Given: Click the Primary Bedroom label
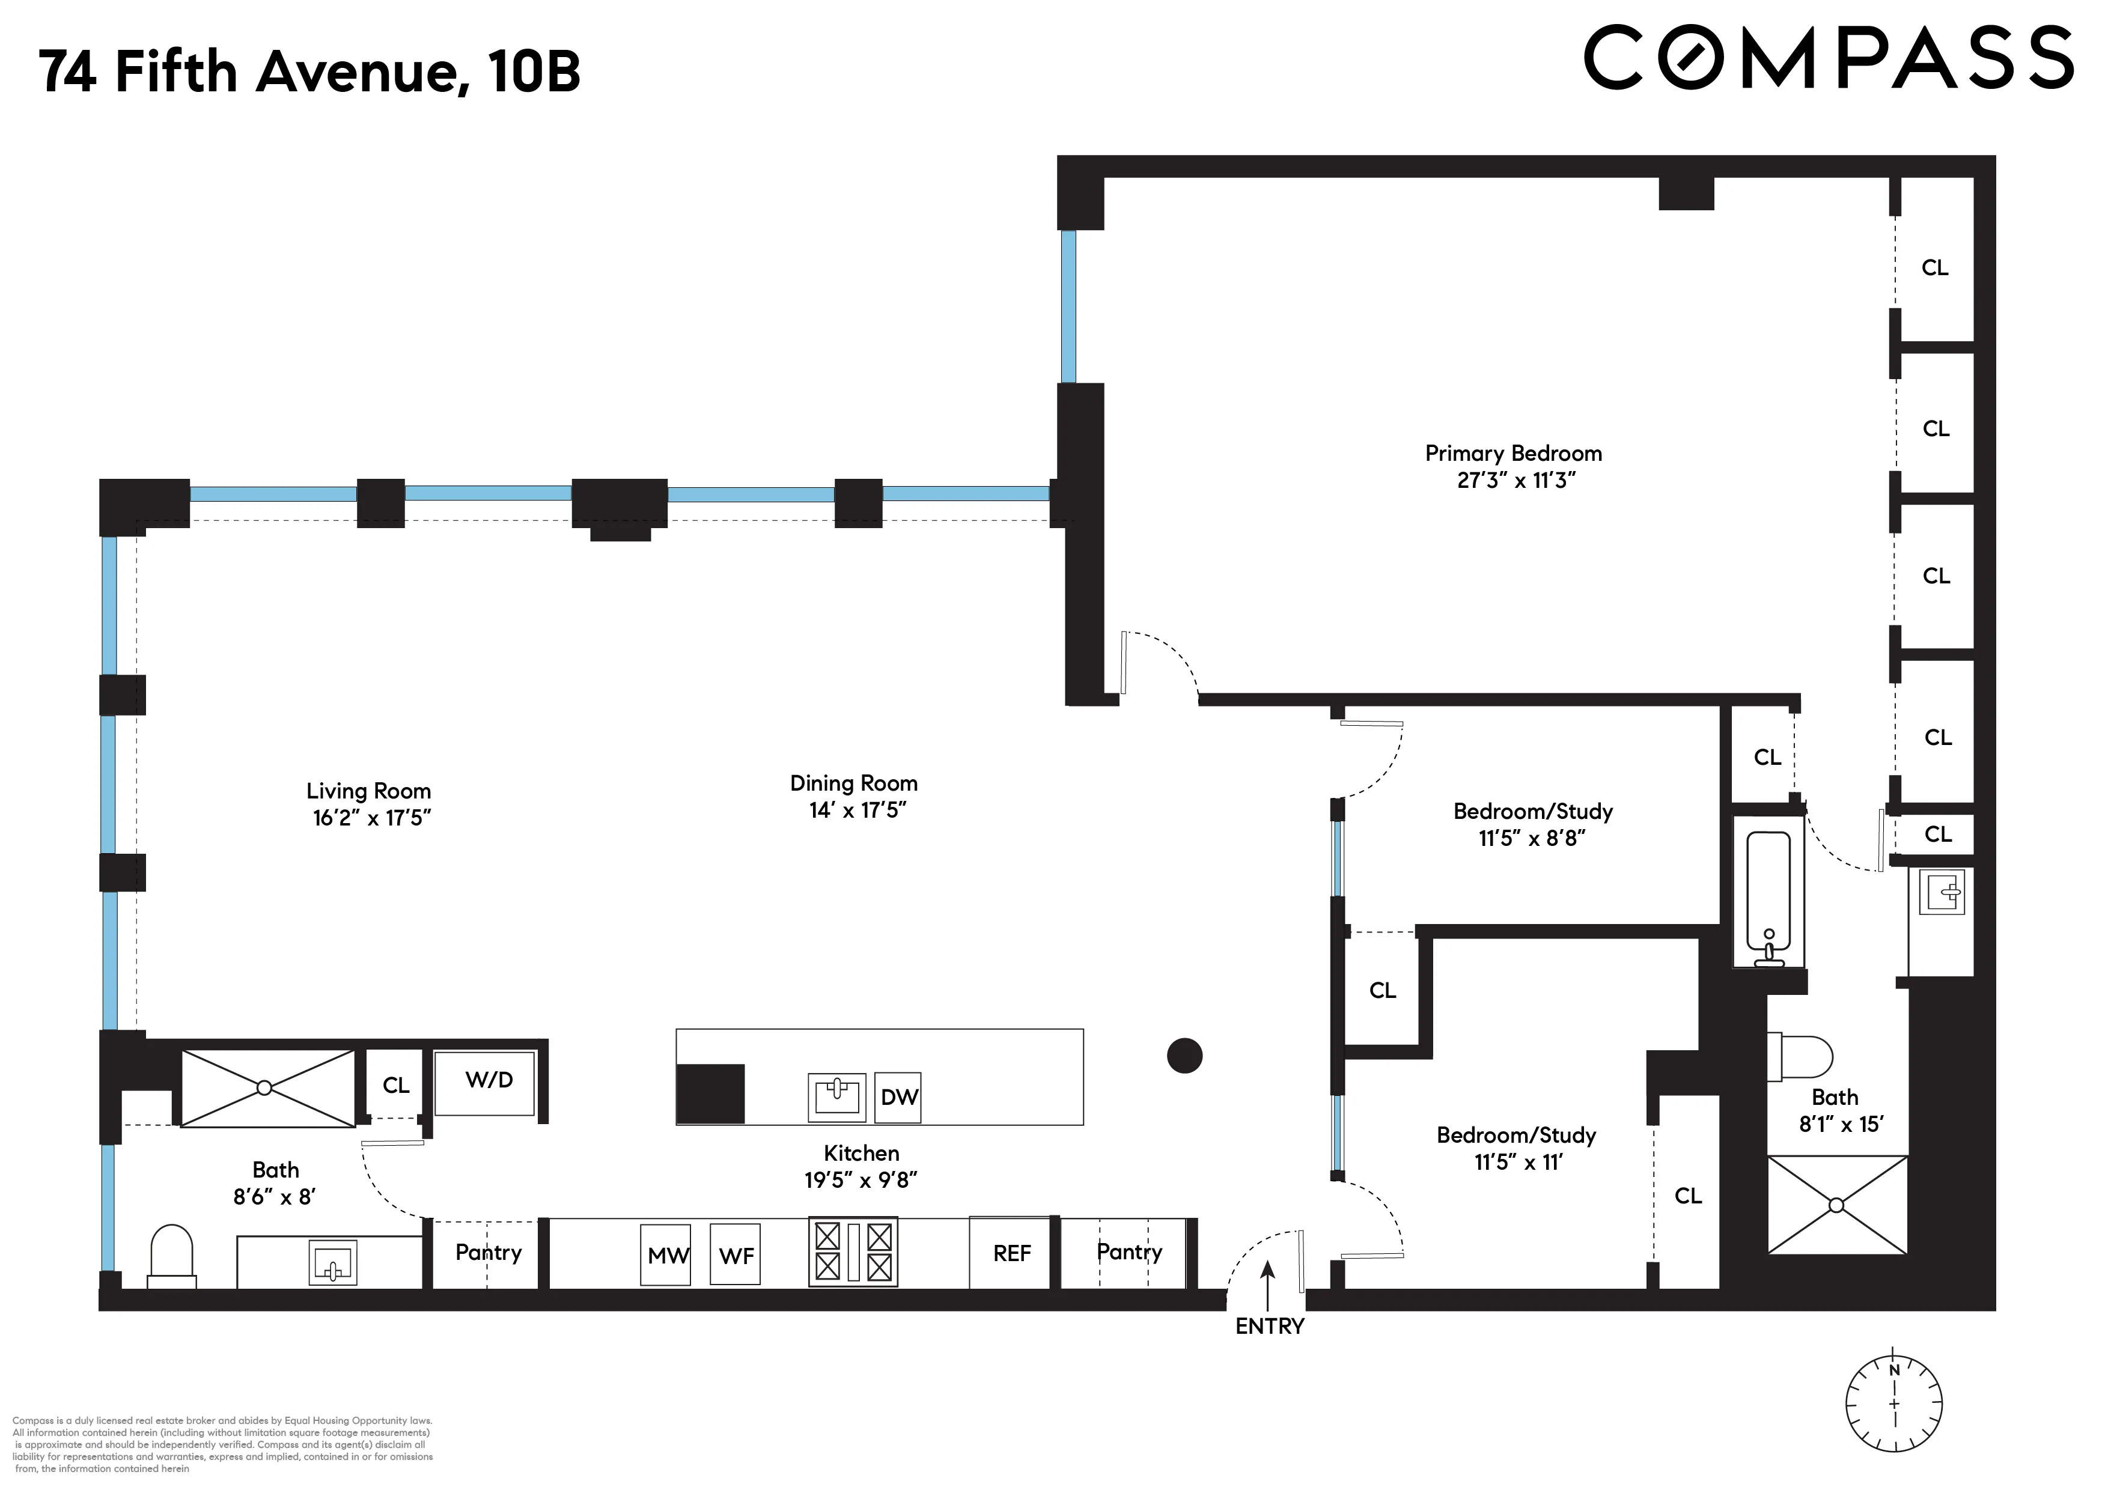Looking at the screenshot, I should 1513,454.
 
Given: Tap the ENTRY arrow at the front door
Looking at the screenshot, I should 1268,1285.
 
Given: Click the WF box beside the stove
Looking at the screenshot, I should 736,1255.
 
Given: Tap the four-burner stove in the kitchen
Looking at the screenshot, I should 853,1252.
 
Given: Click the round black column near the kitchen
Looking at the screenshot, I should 1184,1056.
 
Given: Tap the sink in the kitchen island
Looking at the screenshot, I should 836,1096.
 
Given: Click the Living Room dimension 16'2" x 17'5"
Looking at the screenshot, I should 372,818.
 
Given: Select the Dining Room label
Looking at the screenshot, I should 854,783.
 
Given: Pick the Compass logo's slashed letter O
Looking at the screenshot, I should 1687,57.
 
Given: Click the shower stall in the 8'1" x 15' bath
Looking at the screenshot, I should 1836,1205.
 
